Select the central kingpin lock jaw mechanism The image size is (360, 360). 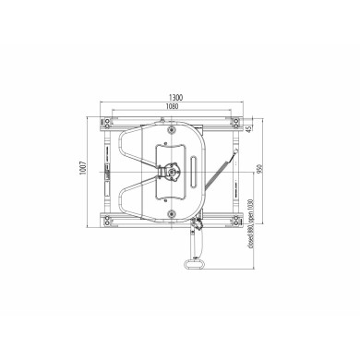click(x=170, y=172)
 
